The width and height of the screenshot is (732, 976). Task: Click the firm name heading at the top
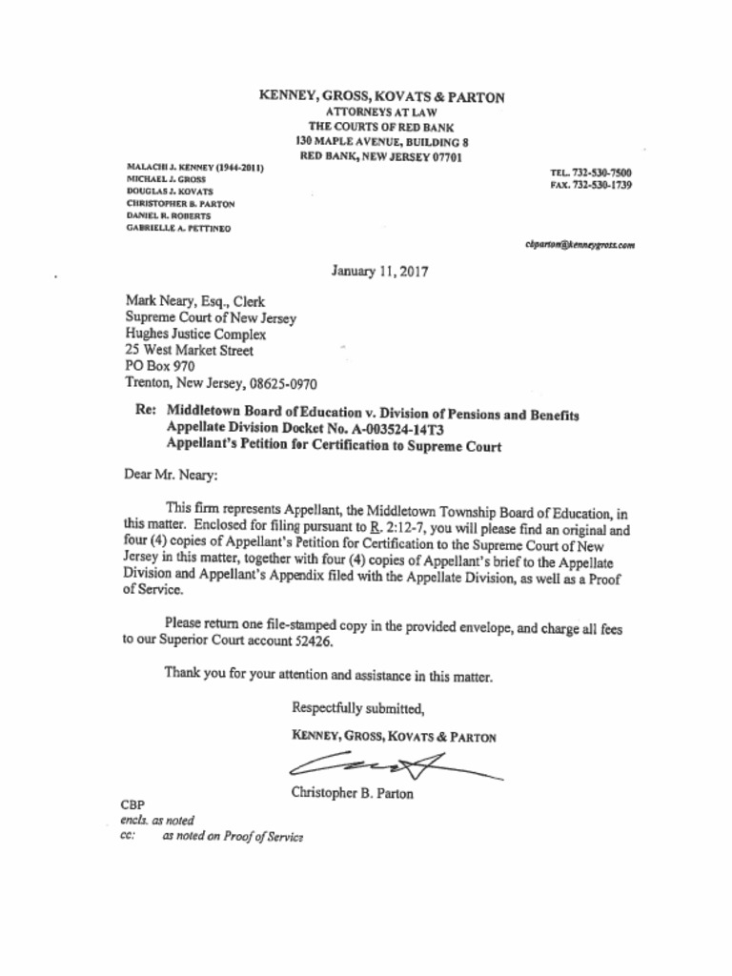[381, 96]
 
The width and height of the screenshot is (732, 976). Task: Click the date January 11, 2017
[379, 271]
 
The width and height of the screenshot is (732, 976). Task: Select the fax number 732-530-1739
[600, 185]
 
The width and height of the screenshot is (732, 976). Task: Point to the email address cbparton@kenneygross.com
[579, 245]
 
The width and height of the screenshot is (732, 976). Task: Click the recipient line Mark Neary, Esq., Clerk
[195, 302]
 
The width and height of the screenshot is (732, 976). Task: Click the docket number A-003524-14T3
[384, 430]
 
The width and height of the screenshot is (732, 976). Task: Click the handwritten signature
[391, 763]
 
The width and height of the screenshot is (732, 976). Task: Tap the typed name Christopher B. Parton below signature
[353, 793]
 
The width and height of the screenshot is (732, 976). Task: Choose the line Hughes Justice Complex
[195, 335]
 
